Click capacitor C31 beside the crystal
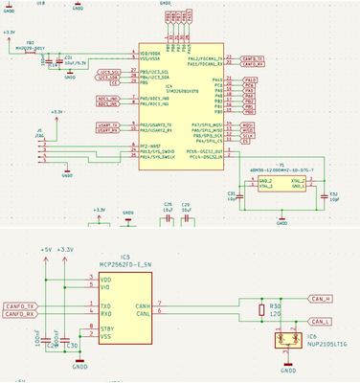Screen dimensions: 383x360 point(232,195)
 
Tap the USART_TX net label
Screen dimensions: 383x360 point(109,125)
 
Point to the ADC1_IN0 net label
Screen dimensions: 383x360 point(109,99)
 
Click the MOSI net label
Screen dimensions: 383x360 point(249,125)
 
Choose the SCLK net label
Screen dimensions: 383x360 point(249,136)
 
